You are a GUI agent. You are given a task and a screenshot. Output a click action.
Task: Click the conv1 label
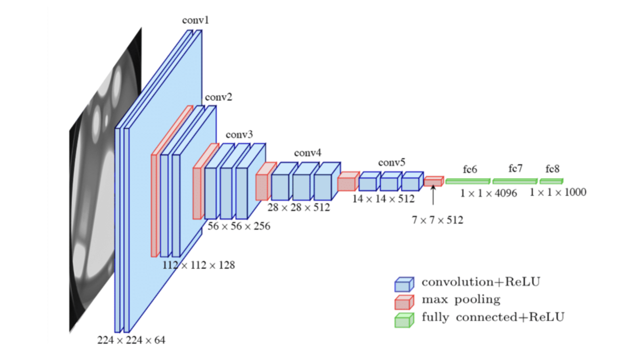pos(195,20)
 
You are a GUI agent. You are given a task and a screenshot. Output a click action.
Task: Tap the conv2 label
pos(219,97)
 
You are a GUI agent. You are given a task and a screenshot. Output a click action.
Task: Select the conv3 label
pos(239,135)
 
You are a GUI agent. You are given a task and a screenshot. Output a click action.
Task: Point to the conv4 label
pos(308,153)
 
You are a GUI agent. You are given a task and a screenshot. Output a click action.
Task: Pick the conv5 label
pos(391,162)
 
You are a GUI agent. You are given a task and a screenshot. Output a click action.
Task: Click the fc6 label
pos(470,169)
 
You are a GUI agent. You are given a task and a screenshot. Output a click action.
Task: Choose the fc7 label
pos(515,168)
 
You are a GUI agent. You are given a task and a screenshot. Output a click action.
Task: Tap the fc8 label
pos(552,169)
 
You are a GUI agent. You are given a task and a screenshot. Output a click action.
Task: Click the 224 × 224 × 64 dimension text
pos(131,340)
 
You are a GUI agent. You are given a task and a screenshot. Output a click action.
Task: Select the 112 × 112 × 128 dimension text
pos(198,265)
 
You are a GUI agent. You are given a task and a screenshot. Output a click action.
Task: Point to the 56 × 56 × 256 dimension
pos(239,226)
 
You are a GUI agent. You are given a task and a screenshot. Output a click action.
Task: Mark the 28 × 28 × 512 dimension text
pos(298,207)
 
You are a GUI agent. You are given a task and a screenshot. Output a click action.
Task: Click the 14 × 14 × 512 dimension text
pos(383,199)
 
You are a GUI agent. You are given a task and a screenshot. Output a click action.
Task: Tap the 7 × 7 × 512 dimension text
pos(437,220)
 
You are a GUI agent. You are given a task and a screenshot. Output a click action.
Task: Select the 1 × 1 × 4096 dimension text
pos(488,193)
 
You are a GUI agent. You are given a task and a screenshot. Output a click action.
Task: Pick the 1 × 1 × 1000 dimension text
pos(558,192)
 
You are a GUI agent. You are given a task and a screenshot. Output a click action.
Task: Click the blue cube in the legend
pos(404,285)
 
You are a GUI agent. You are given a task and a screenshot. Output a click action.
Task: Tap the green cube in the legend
pos(404,320)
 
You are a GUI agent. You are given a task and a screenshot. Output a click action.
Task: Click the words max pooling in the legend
pos(461,300)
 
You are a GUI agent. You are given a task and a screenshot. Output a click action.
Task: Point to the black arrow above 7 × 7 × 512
pos(433,195)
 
